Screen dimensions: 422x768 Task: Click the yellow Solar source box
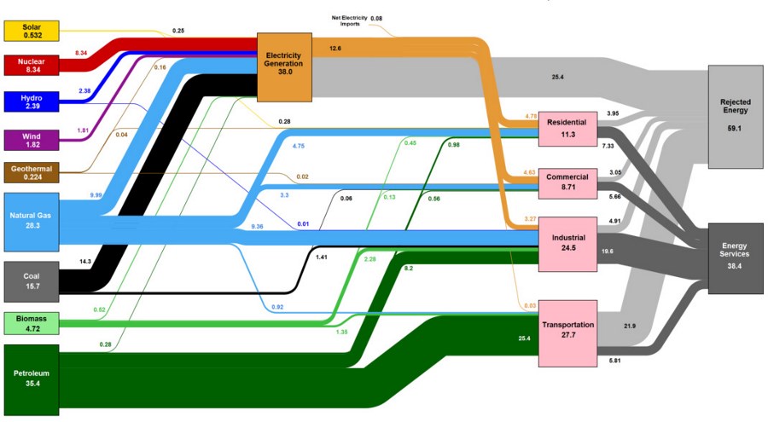(x=32, y=31)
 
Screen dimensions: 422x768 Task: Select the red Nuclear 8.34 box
(x=32, y=65)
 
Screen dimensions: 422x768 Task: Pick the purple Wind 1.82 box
(x=32, y=139)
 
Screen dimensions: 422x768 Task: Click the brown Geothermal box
(x=32, y=173)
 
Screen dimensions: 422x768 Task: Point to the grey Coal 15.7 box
(x=32, y=281)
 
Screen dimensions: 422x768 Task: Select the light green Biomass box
(x=32, y=323)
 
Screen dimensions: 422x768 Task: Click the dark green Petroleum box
(x=32, y=379)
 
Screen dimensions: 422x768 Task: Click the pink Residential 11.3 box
(x=567, y=129)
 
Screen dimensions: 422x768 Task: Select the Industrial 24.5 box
(x=567, y=242)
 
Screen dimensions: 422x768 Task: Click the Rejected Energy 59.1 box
(x=735, y=116)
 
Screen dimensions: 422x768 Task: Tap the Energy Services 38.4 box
(x=735, y=257)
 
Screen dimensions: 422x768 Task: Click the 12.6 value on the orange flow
(x=335, y=49)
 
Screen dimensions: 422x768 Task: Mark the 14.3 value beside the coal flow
(x=84, y=261)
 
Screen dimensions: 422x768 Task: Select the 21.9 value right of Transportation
(x=631, y=327)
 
